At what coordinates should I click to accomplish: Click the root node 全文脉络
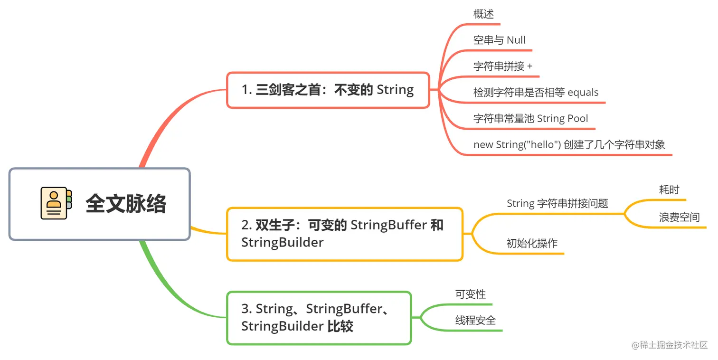point(125,204)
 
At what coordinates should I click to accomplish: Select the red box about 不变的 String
point(328,90)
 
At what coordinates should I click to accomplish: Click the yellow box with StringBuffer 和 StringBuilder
point(344,234)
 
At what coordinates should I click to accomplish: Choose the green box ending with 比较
point(319,317)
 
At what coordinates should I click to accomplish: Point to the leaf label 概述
point(483,14)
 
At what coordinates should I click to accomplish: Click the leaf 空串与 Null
point(499,40)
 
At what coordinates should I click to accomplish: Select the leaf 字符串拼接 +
point(503,66)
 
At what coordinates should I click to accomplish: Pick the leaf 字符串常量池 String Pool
point(530,119)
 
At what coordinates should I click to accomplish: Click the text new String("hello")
point(517,145)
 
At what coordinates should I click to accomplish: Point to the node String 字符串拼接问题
point(557,204)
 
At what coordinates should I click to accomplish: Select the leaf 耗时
point(669,190)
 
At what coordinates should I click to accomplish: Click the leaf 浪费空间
point(679,218)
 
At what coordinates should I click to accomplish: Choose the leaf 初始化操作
point(532,244)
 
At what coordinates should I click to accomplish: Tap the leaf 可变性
point(470,294)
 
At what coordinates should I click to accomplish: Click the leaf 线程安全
point(475,321)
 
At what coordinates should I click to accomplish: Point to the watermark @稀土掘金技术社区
point(670,345)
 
